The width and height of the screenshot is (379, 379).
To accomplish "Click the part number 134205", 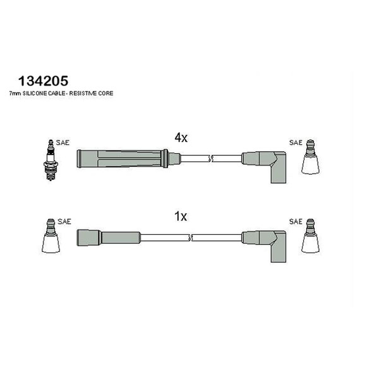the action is pyautogui.click(x=43, y=81).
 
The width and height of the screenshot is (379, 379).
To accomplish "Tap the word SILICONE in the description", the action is pyautogui.click(x=35, y=93).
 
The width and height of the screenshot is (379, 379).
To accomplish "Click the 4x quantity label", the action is pyautogui.click(x=181, y=138).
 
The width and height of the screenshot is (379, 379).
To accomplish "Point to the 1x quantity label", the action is pyautogui.click(x=181, y=217).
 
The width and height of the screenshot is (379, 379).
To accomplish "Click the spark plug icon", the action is pyautogui.click(x=51, y=160).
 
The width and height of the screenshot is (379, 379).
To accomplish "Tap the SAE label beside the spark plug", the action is pyautogui.click(x=63, y=143).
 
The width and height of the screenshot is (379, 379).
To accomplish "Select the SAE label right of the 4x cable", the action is pyautogui.click(x=296, y=143).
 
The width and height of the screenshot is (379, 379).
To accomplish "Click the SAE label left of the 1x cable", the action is pyautogui.click(x=64, y=221).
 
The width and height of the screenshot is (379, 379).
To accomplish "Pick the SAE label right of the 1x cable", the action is pyautogui.click(x=296, y=221).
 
